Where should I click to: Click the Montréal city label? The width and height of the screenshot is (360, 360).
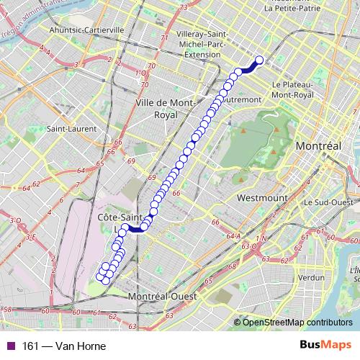tap(318, 146)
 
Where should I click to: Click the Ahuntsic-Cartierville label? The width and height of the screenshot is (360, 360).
tap(87, 30)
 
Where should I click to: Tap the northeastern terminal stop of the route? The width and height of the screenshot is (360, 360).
tap(259, 60)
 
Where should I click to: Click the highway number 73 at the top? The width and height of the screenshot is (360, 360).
tap(183, 6)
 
